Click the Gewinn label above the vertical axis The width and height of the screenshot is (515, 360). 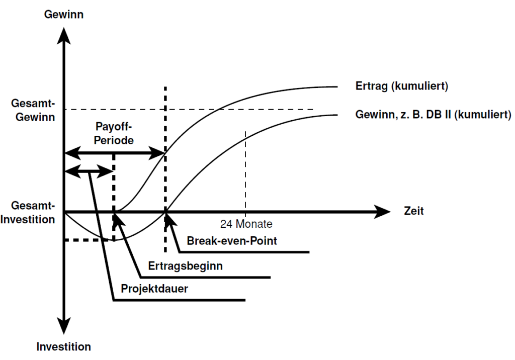[64, 15]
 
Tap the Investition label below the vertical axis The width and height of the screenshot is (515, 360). [64, 347]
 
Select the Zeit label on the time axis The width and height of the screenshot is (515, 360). [413, 211]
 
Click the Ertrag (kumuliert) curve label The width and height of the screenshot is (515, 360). [401, 86]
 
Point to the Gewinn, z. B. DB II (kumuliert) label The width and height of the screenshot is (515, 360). [433, 115]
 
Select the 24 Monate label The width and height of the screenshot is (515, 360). [246, 224]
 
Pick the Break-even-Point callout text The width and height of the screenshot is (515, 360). [232, 241]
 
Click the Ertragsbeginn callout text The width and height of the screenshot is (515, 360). [186, 265]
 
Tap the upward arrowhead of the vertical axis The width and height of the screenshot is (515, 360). [64, 34]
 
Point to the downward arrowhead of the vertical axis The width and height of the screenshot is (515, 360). [64, 327]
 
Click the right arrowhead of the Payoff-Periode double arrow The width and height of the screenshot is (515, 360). [159, 153]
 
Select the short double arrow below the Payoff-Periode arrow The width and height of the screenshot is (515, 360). [89, 171]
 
